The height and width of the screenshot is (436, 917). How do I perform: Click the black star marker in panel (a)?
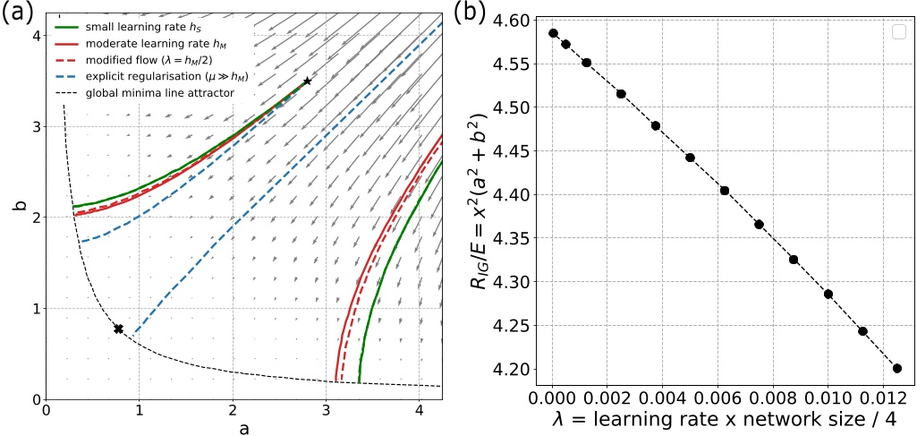point(308,81)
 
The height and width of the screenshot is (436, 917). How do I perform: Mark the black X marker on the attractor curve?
point(118,329)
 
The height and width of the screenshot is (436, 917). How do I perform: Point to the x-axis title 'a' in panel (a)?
point(244,427)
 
